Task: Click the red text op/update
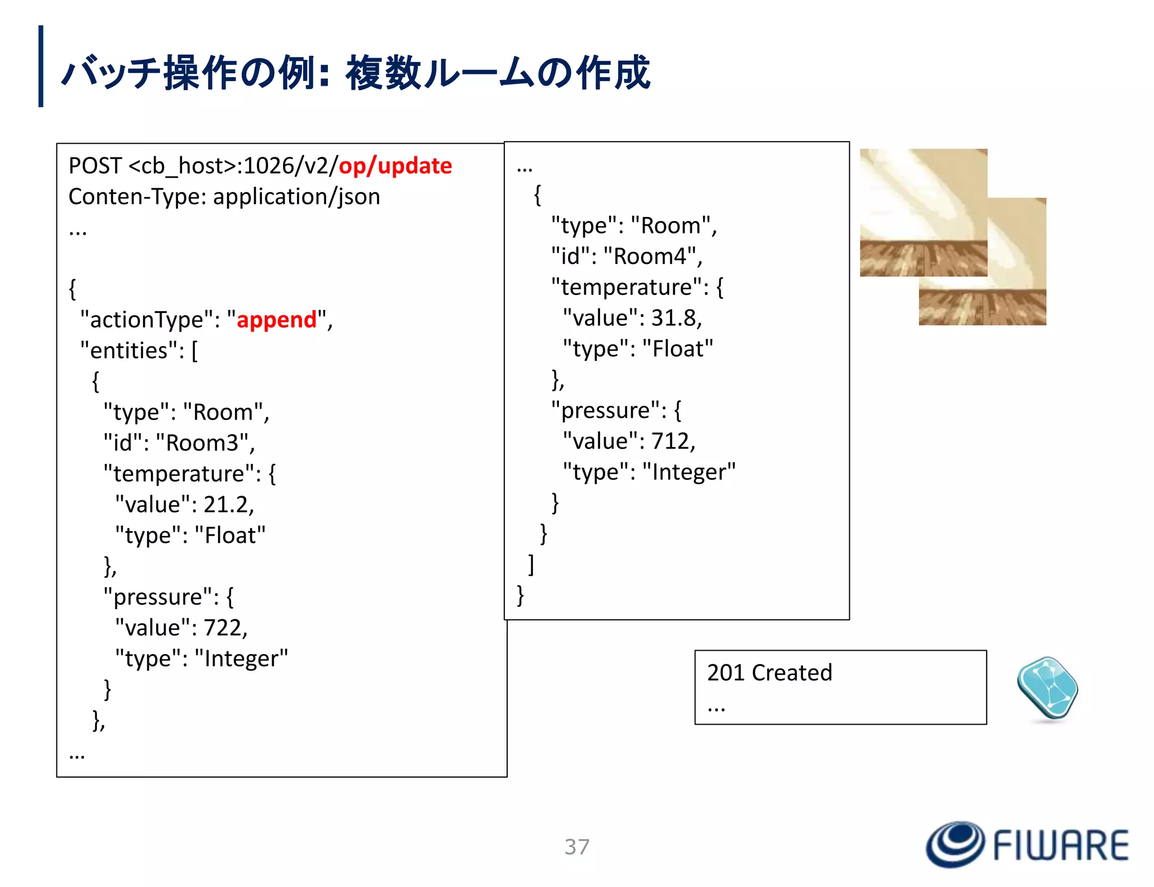[x=395, y=166]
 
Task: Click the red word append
[x=277, y=320]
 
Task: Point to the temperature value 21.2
[x=227, y=505]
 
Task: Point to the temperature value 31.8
[x=674, y=318]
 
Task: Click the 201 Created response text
[x=769, y=673]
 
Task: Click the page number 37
[x=577, y=846]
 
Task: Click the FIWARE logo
[x=1027, y=845]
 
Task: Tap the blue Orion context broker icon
[x=1047, y=689]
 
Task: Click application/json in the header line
[x=296, y=197]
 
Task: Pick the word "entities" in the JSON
[x=129, y=351]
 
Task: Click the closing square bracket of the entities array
[x=531, y=564]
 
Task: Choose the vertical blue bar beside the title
[x=41, y=66]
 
